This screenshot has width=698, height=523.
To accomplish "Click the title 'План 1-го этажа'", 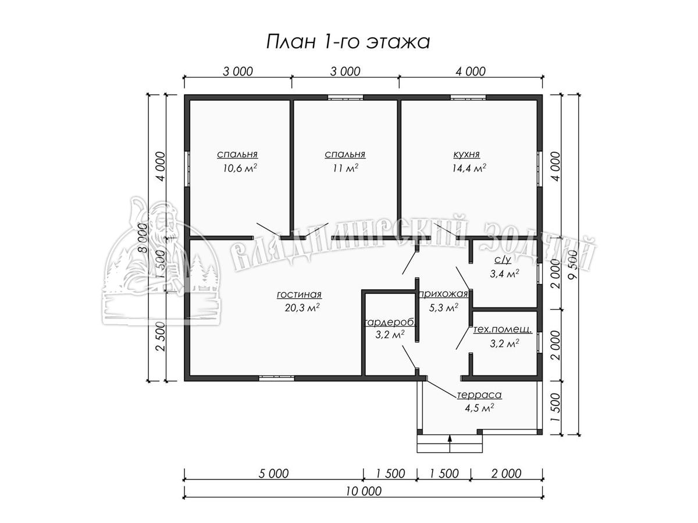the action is [348, 42].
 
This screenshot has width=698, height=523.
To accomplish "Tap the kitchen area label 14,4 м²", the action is [469, 168].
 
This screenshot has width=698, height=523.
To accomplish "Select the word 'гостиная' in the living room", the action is [299, 295].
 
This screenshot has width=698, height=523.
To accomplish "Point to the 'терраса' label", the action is [479, 395].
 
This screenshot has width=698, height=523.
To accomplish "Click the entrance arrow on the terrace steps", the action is [450, 443].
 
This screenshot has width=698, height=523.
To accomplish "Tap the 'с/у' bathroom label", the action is [503, 260].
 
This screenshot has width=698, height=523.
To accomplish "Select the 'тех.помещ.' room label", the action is [503, 330].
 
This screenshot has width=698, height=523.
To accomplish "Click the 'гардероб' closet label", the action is [390, 323].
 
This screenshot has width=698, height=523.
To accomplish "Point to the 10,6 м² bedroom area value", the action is [240, 168].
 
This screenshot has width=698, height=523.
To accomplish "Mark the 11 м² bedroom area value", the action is [346, 168].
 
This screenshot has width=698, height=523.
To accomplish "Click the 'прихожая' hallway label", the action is [443, 294].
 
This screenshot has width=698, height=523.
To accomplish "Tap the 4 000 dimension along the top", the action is [471, 71].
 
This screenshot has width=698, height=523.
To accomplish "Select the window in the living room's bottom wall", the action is [276, 378].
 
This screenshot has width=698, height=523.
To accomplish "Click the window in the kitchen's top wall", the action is [468, 98].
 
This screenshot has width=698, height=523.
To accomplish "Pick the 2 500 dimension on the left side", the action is [161, 336].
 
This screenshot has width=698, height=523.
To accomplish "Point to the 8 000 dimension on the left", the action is [143, 238].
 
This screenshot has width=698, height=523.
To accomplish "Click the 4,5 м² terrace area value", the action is [479, 408].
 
